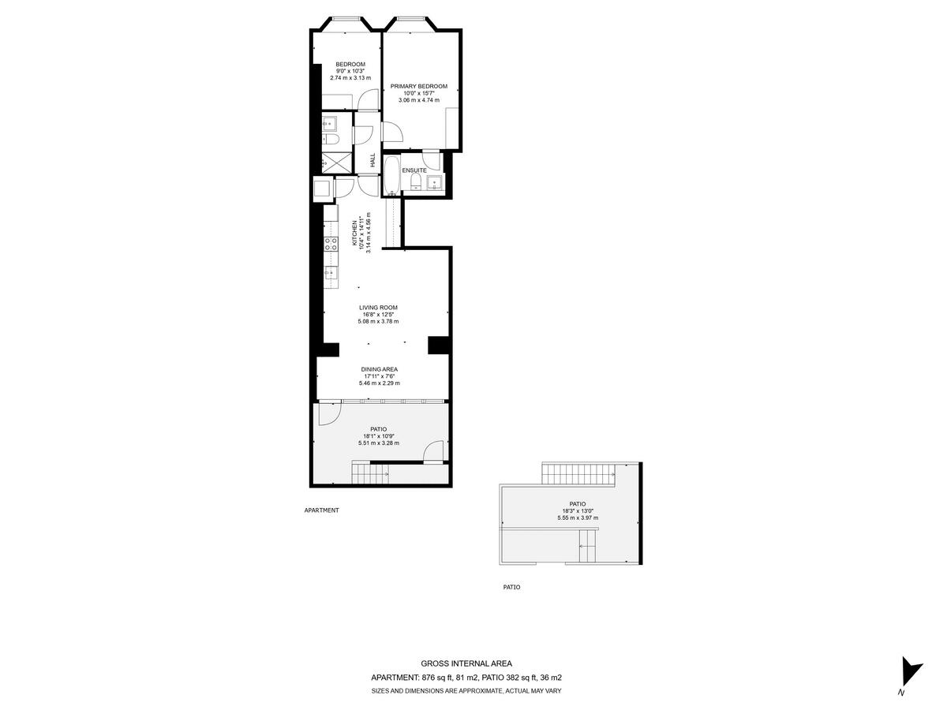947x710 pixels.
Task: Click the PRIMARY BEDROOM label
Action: click(x=419, y=86)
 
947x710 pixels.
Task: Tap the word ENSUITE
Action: click(x=414, y=170)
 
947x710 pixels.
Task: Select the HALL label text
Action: click(x=372, y=160)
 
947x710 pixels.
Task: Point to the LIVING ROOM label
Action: click(x=378, y=308)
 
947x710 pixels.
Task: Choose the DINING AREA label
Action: click(x=379, y=369)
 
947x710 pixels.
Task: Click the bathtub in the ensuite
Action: click(x=391, y=176)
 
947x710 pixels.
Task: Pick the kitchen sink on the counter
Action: click(x=331, y=273)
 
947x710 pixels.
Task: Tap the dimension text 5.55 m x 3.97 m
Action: click(x=577, y=518)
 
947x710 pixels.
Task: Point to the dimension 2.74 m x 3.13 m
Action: click(x=350, y=77)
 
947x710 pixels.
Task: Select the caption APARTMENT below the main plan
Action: click(x=321, y=510)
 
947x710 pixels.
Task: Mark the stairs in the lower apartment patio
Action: click(x=370, y=473)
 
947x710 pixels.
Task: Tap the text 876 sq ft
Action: click(x=439, y=678)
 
